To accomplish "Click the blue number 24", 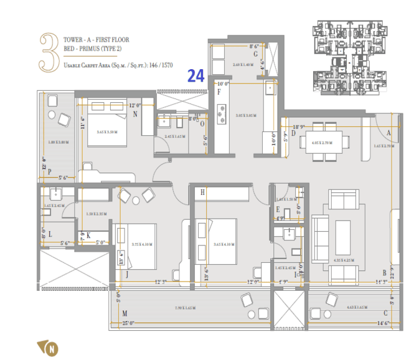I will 195,76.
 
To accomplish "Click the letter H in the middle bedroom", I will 202,193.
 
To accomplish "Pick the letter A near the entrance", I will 388,133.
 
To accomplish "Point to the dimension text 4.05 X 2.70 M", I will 321,143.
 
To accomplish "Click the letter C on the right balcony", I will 386,313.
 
